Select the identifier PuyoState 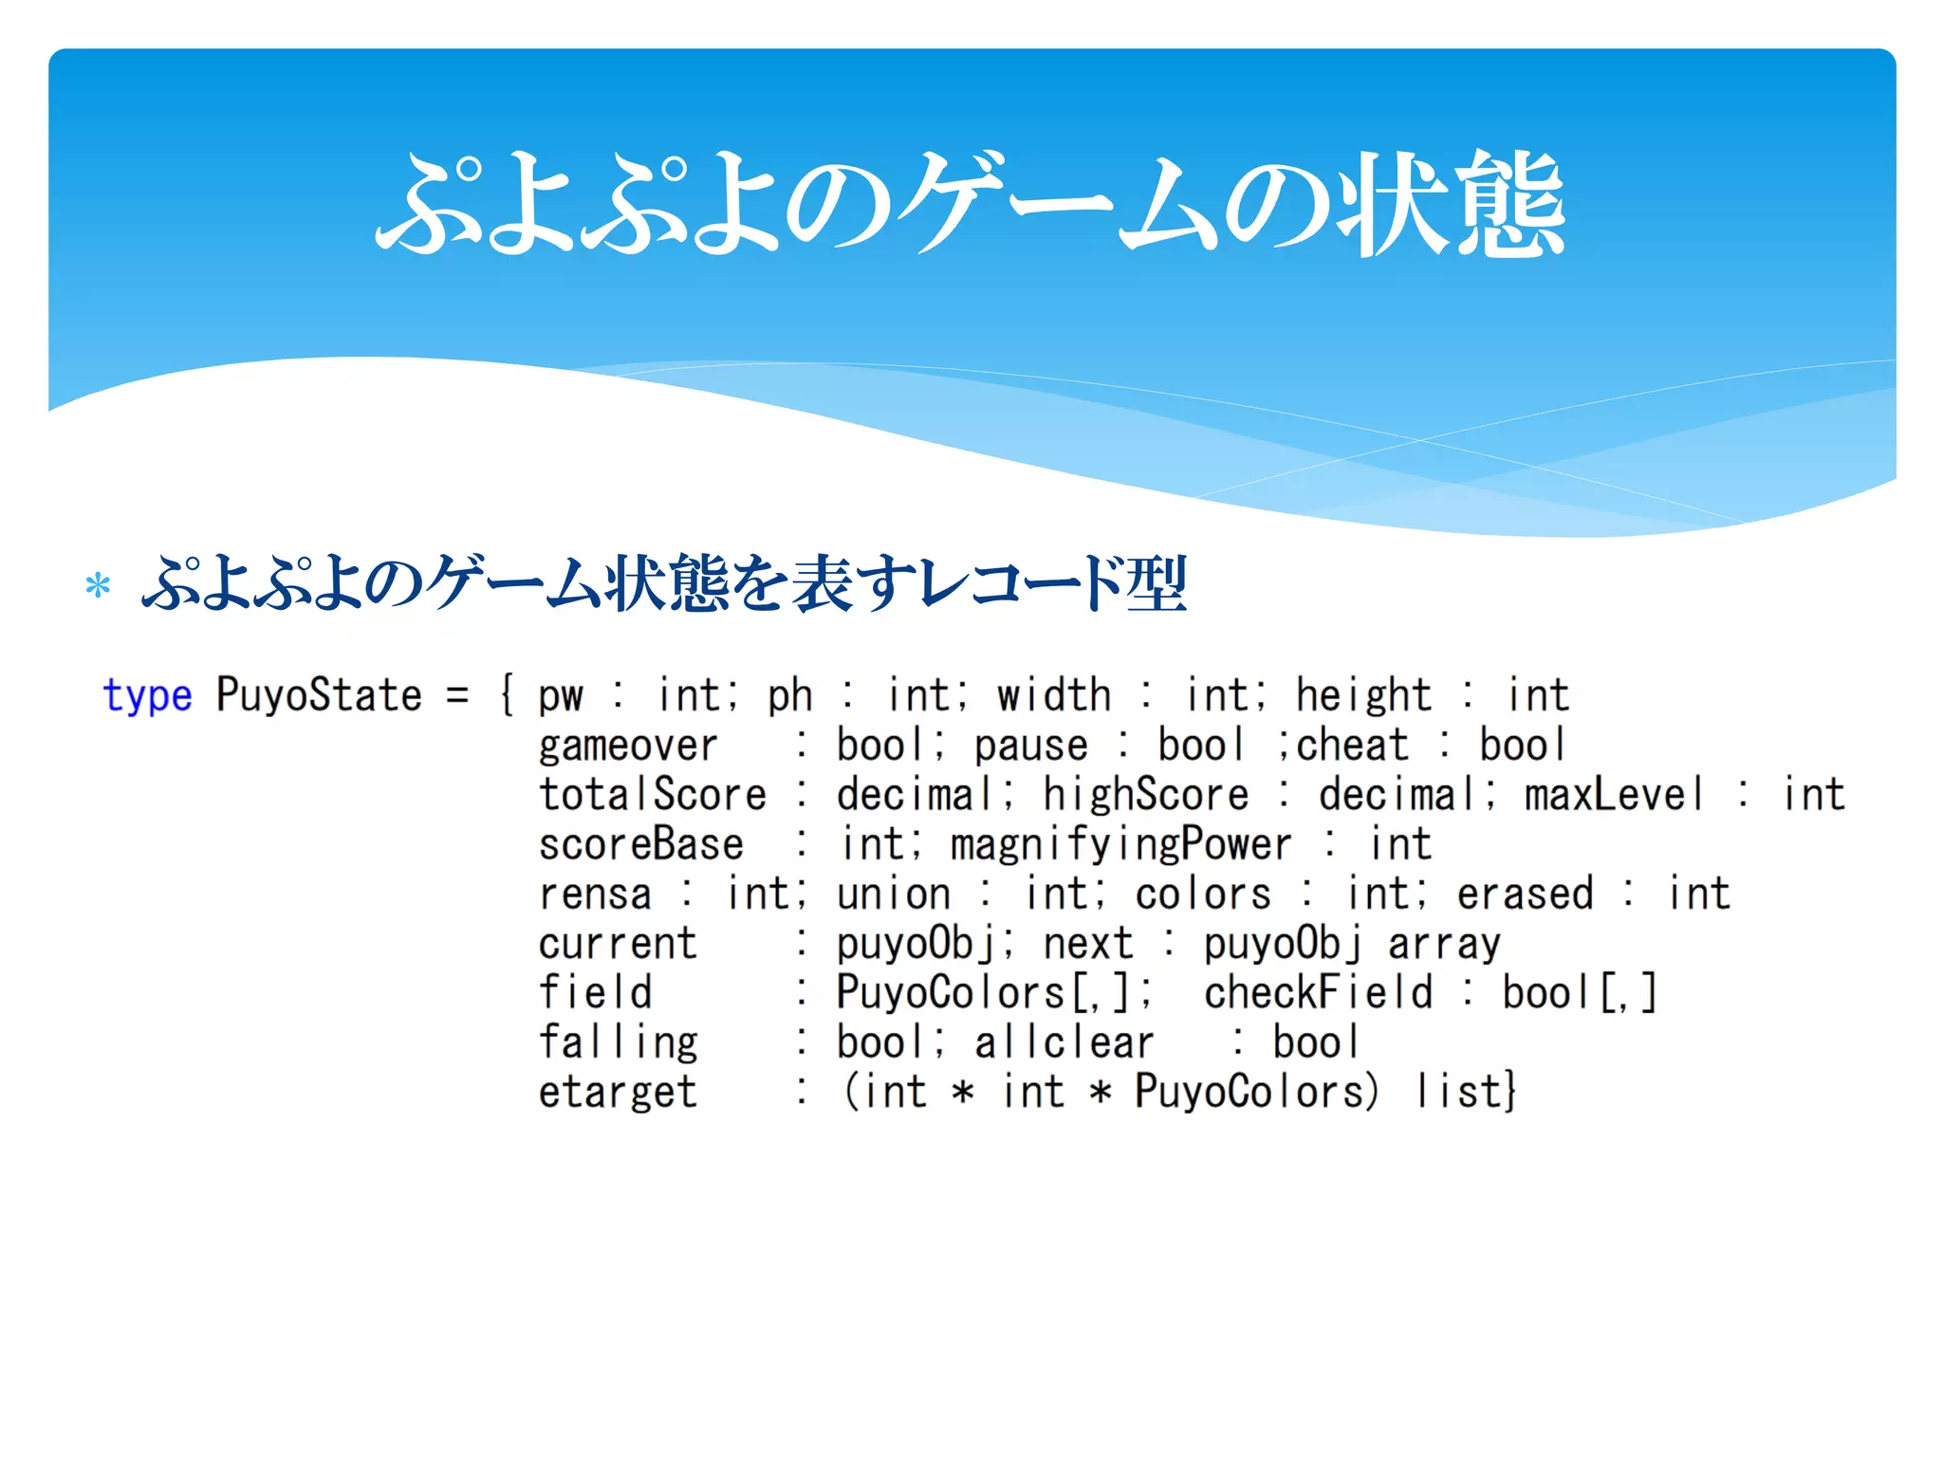[318, 695]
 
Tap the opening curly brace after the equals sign [508, 695]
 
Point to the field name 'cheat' [1352, 746]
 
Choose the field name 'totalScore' [653, 795]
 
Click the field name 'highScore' [1146, 795]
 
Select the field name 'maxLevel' [1613, 795]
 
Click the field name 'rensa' [595, 894]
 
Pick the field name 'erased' [1525, 894]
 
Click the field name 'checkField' [1318, 993]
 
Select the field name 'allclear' [1064, 1043]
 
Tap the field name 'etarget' [618, 1093]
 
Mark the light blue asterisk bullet [98, 585]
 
